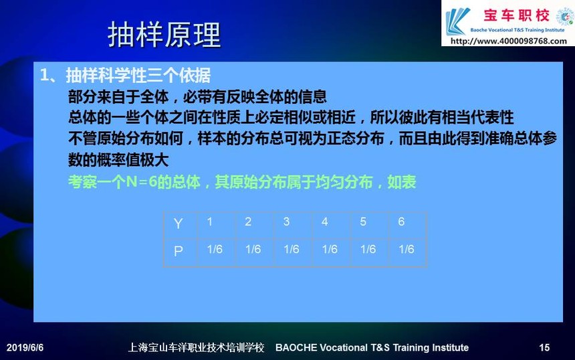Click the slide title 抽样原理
click(x=164, y=35)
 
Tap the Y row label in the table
click(x=179, y=223)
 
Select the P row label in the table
click(x=179, y=251)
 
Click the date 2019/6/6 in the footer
click(x=25, y=347)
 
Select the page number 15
click(x=544, y=347)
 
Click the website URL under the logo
click(x=509, y=41)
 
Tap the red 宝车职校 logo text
click(x=516, y=16)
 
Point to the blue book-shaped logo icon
click(x=457, y=21)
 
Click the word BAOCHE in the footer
click(x=296, y=347)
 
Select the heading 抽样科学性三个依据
click(x=138, y=76)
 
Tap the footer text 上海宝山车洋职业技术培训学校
click(x=196, y=347)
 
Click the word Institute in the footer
click(x=451, y=347)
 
